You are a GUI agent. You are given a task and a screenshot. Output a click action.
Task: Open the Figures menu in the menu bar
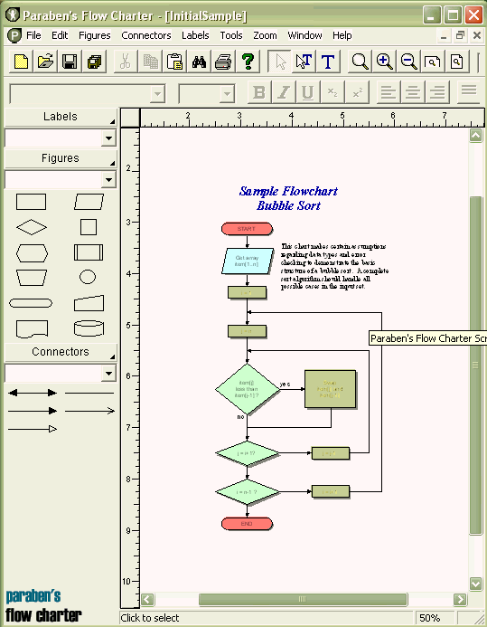(x=95, y=35)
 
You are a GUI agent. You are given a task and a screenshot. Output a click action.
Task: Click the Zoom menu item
(x=265, y=35)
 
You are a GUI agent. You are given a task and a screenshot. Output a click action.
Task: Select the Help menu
(x=342, y=35)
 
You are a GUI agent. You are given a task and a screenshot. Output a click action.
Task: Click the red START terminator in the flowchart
(x=247, y=229)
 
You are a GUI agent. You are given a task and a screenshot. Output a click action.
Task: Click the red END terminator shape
(x=247, y=524)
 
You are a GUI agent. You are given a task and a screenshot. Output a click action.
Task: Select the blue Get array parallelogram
(x=247, y=261)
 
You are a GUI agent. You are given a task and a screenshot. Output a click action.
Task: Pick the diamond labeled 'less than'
(x=247, y=389)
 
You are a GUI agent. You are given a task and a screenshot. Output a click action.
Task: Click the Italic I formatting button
(x=284, y=92)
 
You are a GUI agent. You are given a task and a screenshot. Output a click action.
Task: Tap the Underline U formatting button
(x=307, y=92)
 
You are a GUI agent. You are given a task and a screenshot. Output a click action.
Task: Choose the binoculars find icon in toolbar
(x=201, y=62)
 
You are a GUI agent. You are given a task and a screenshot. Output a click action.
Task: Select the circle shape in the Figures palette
(x=88, y=277)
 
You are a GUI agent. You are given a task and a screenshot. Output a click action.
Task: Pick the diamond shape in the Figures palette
(x=32, y=226)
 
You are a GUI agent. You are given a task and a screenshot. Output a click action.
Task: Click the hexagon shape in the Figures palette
(x=32, y=252)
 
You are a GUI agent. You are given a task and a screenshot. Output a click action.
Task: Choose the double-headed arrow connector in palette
(x=32, y=393)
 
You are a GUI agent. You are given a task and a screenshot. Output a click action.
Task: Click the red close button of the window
(x=473, y=14)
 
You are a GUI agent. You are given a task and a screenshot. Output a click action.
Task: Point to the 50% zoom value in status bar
(x=429, y=618)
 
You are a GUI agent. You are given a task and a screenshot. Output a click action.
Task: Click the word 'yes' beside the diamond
(x=286, y=384)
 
